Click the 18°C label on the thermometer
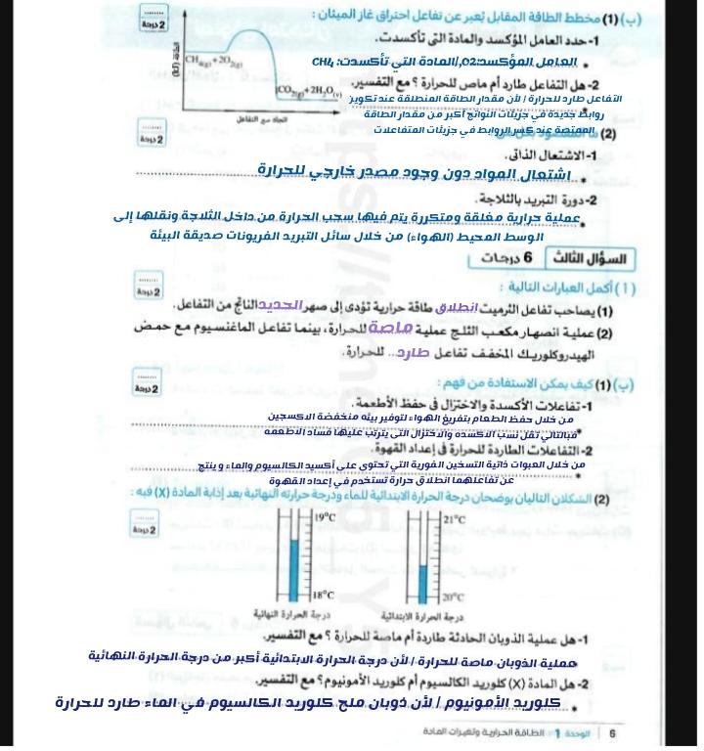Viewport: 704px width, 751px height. [324, 594]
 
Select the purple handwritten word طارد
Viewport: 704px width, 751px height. [419, 351]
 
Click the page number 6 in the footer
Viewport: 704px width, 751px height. [613, 732]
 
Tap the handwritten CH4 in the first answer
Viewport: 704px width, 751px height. [325, 63]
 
